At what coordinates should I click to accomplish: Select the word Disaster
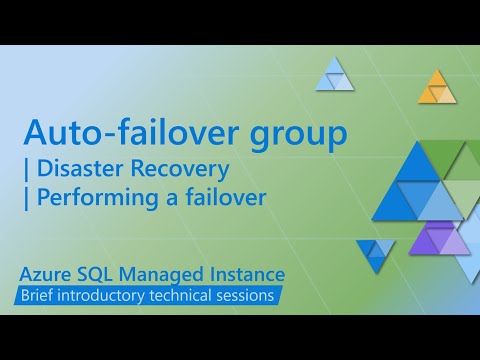pos(78,167)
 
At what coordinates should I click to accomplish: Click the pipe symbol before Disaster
pos(28,167)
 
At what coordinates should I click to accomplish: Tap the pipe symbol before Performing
pos(28,198)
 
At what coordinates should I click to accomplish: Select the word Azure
pos(52,274)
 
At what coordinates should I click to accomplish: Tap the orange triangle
pos(436,89)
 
